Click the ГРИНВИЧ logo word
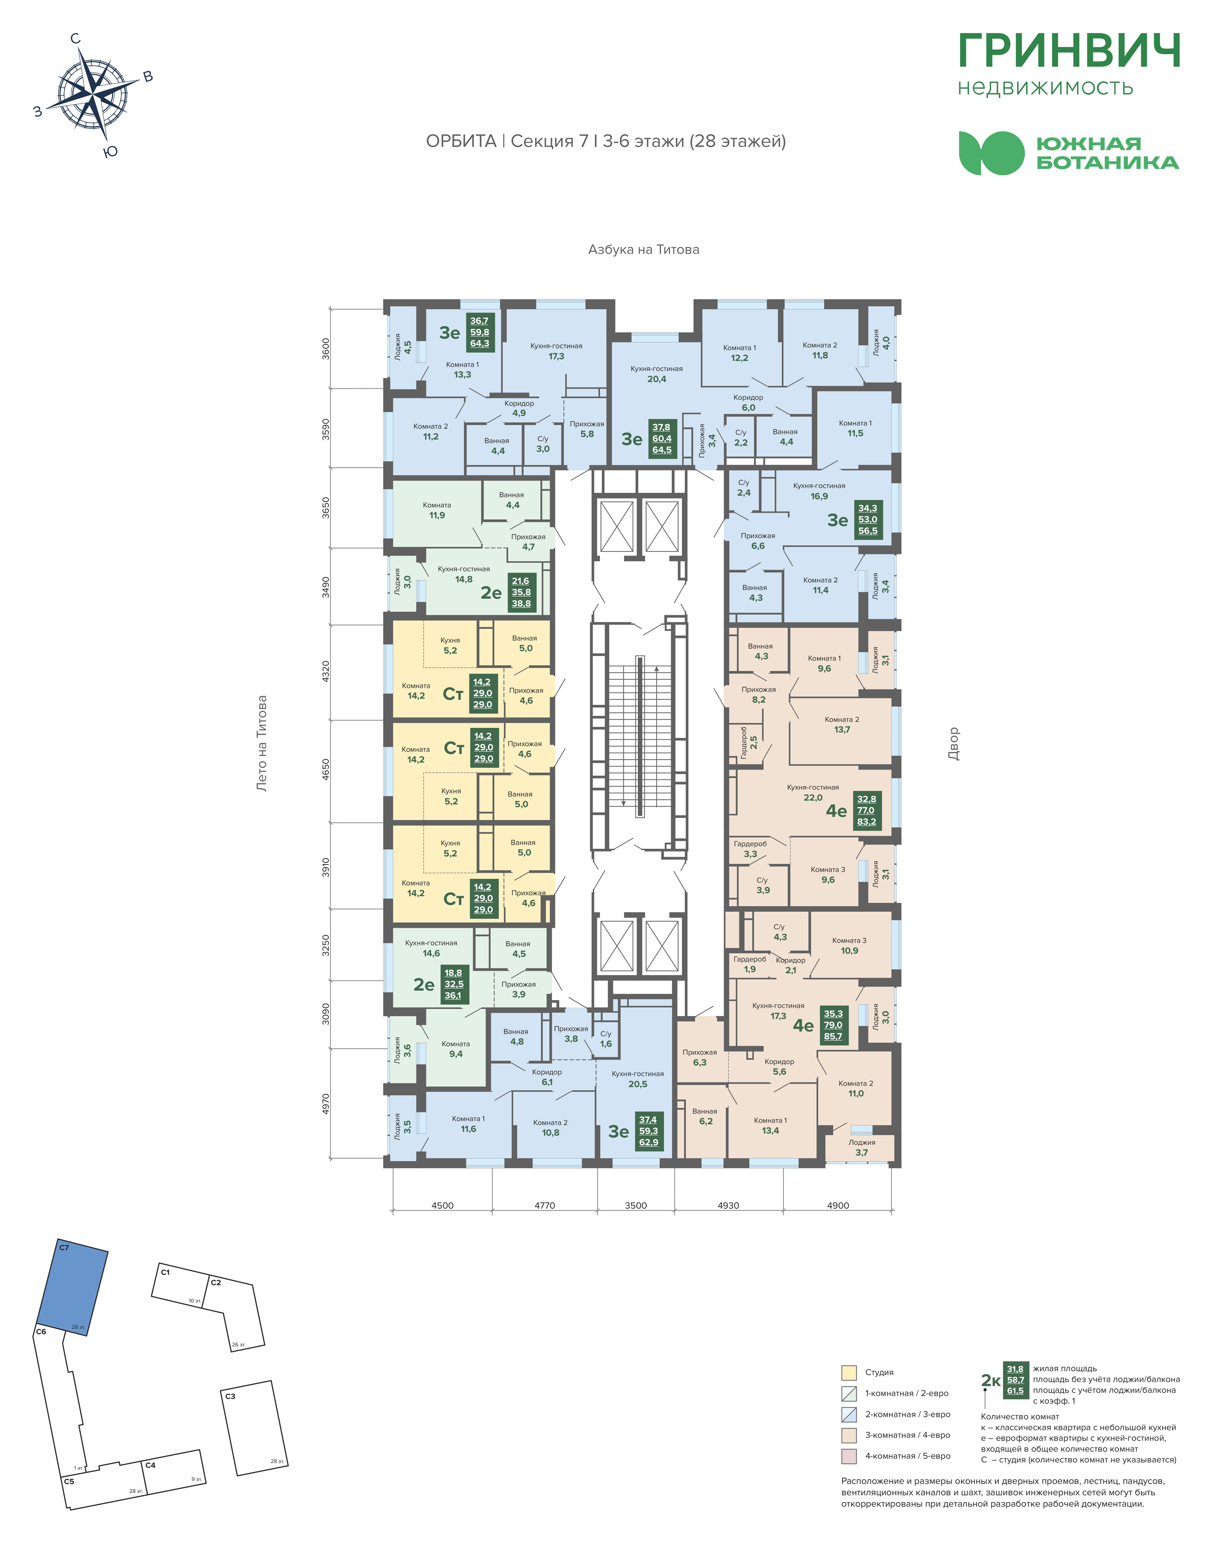point(1069,51)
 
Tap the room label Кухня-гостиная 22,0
point(813,793)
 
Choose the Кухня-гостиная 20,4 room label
point(656,374)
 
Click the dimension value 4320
point(326,672)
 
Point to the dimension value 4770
point(545,1205)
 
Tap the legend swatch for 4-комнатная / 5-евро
point(849,1456)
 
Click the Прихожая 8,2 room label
point(758,694)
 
